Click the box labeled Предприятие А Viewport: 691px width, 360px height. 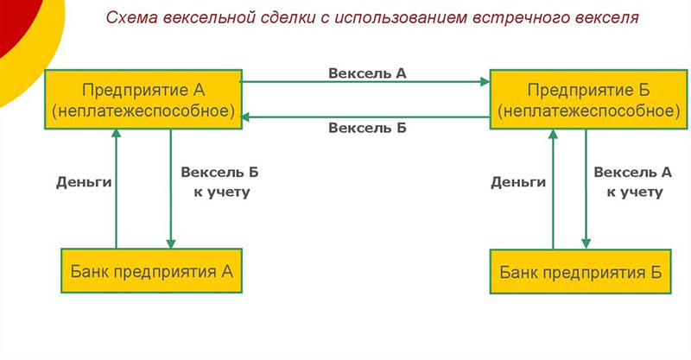143,100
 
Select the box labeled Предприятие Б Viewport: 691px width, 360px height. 586,100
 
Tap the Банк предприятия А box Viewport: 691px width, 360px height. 150,272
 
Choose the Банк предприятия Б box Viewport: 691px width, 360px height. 580,273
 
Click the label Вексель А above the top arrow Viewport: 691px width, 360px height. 367,73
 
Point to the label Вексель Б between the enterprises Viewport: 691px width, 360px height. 367,129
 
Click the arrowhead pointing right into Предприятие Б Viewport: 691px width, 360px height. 484,83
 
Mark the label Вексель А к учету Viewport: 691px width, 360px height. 634,181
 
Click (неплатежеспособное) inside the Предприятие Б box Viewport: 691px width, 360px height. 586,111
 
